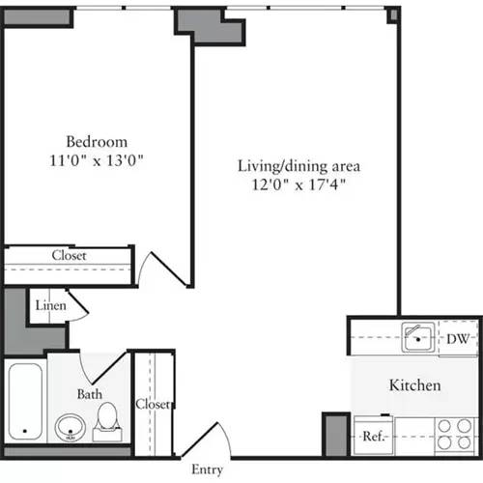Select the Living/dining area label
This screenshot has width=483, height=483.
[x=293, y=165]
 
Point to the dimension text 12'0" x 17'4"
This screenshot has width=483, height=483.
[x=293, y=183]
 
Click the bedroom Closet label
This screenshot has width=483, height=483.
[x=69, y=256]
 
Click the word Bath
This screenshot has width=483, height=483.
[x=89, y=393]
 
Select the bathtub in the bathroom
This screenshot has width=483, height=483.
[x=25, y=402]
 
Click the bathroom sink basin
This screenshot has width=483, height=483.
[x=69, y=425]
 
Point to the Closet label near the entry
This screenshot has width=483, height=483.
[x=153, y=404]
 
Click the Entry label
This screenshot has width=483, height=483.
[x=208, y=469]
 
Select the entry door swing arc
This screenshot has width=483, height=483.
[x=218, y=440]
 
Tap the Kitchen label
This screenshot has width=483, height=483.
[x=414, y=385]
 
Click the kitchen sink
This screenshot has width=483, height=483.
[x=417, y=337]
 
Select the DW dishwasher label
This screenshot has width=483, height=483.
[x=459, y=338]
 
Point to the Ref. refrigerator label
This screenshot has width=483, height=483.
[x=374, y=437]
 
